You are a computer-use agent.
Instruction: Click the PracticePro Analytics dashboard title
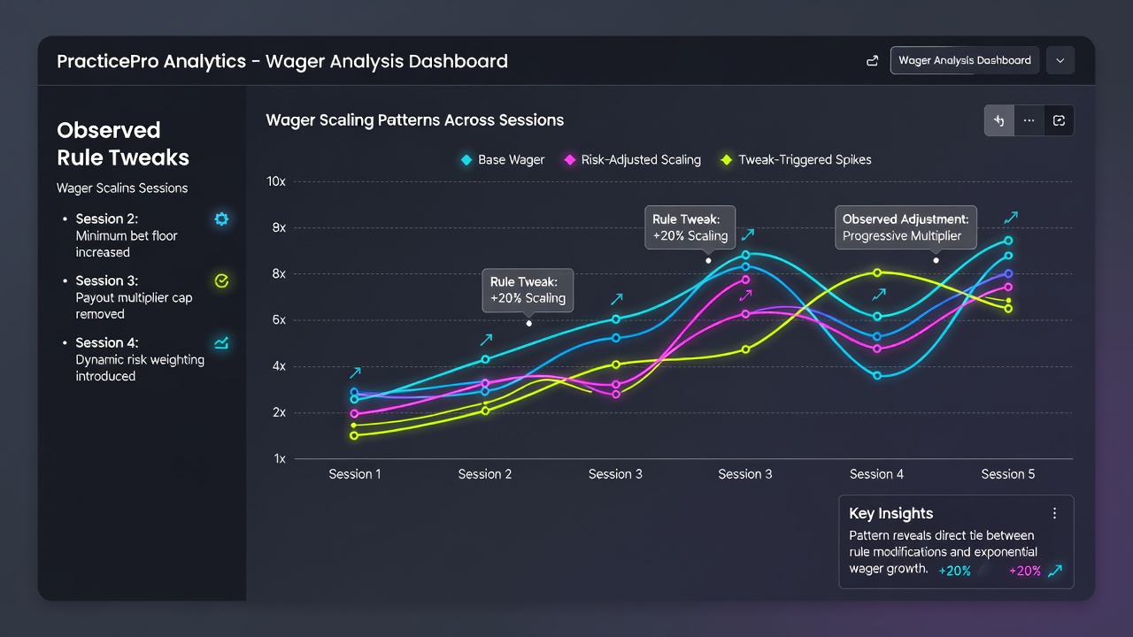pyautogui.click(x=281, y=61)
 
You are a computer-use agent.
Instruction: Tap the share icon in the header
pyautogui.click(x=872, y=61)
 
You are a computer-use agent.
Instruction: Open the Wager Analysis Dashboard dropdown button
pyautogui.click(x=965, y=60)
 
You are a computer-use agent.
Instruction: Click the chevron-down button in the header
pyautogui.click(x=1060, y=61)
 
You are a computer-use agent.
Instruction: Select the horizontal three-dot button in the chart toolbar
pyautogui.click(x=1029, y=120)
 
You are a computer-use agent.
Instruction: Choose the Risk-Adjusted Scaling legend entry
pyautogui.click(x=632, y=160)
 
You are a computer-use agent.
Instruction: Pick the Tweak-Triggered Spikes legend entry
pyautogui.click(x=796, y=160)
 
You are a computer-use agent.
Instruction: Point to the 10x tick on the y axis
pyautogui.click(x=276, y=181)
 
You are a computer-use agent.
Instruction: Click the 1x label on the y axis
pyautogui.click(x=280, y=458)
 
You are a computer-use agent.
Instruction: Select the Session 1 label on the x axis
pyautogui.click(x=355, y=474)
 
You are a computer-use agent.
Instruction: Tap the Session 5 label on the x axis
pyautogui.click(x=1007, y=474)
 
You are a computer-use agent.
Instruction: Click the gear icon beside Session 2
pyautogui.click(x=221, y=219)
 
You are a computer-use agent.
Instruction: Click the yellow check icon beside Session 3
pyautogui.click(x=221, y=281)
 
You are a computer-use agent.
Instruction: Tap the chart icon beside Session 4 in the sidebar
pyautogui.click(x=221, y=343)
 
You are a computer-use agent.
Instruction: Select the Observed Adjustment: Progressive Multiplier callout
pyautogui.click(x=906, y=227)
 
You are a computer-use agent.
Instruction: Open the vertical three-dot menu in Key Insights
pyautogui.click(x=1054, y=514)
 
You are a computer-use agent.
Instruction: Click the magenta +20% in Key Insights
pyautogui.click(x=1025, y=571)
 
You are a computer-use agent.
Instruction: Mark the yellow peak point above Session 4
pyautogui.click(x=877, y=273)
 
